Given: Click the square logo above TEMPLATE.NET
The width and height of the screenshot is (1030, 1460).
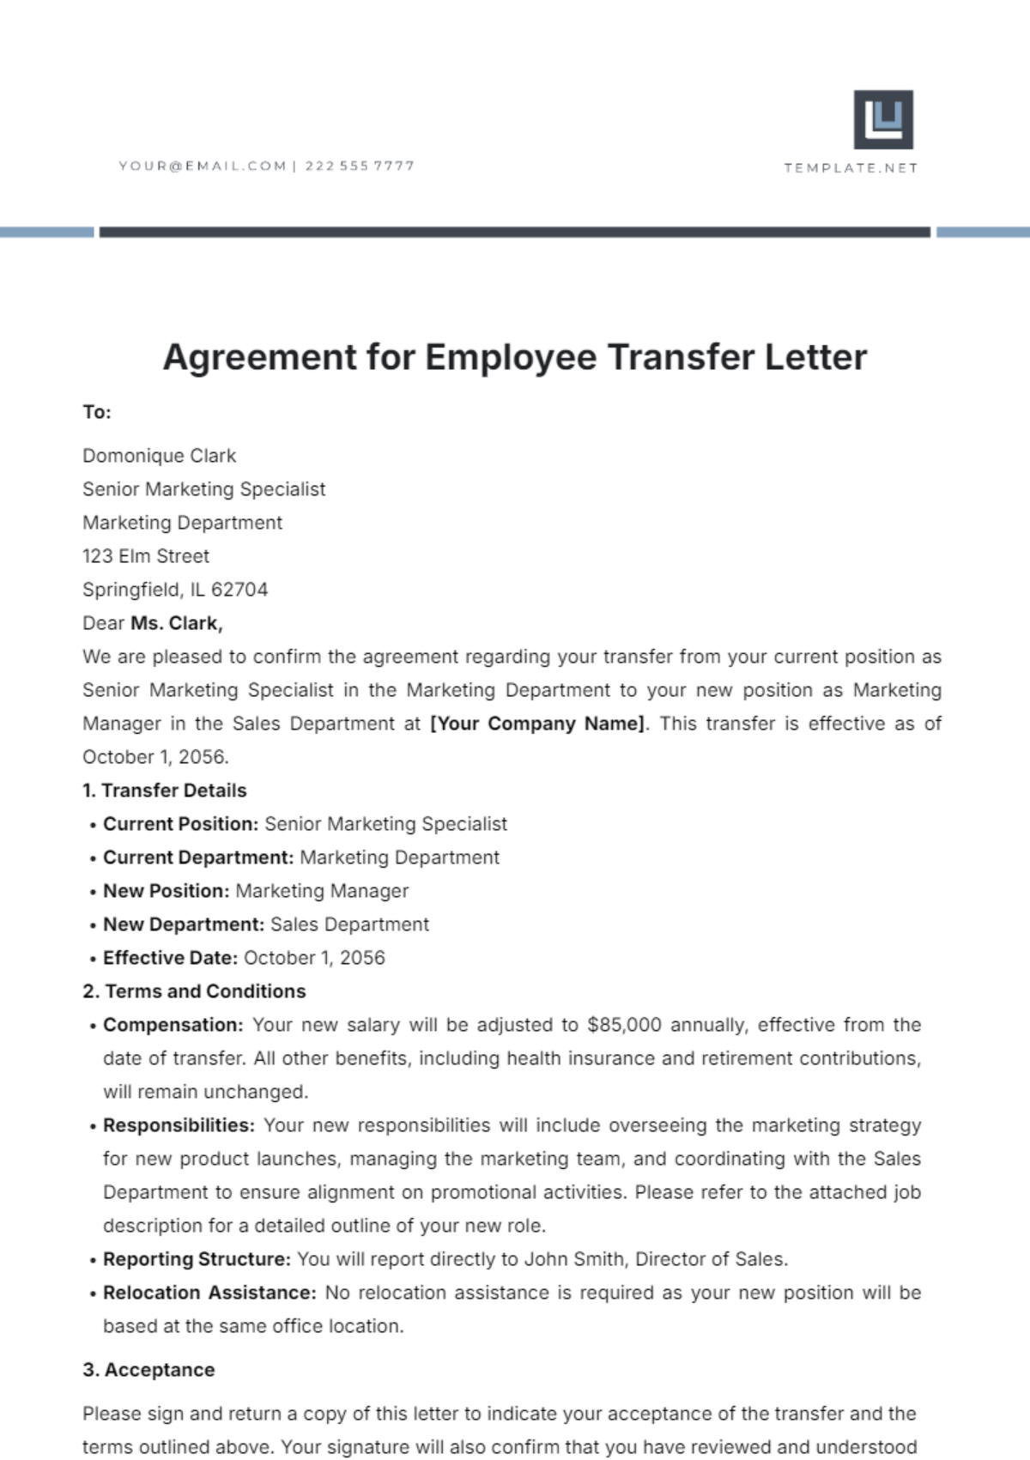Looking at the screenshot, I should click(x=883, y=119).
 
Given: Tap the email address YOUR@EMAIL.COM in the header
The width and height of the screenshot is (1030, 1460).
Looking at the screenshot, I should click(x=203, y=166).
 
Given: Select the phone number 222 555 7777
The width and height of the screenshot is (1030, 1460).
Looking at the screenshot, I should click(x=360, y=166).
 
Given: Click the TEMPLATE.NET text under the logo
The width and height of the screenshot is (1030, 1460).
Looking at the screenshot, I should click(x=851, y=168).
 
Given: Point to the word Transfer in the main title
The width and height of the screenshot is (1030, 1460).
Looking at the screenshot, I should click(x=681, y=357).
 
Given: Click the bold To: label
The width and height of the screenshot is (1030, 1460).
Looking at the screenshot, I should click(x=97, y=412).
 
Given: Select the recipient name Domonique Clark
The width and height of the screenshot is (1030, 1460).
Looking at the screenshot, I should click(x=159, y=456).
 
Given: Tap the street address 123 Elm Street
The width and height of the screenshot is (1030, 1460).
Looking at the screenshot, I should click(x=146, y=556).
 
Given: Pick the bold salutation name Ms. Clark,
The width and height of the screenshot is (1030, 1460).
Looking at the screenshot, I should click(x=177, y=623).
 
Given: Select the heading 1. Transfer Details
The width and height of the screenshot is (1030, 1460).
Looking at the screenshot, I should click(x=165, y=791).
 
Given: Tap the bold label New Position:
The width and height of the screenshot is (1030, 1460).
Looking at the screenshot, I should click(x=167, y=891).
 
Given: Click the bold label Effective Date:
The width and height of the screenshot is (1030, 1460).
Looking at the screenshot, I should click(x=170, y=958).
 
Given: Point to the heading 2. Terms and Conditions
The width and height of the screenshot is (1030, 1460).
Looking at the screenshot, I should click(x=194, y=991).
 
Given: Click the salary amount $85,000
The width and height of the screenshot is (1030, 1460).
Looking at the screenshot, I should click(x=624, y=1025).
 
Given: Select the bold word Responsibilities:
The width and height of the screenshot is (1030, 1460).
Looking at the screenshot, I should click(x=179, y=1125).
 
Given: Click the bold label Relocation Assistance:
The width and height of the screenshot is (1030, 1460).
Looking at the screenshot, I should click(x=209, y=1293).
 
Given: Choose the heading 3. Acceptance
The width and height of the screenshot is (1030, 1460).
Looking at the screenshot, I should click(x=148, y=1370).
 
